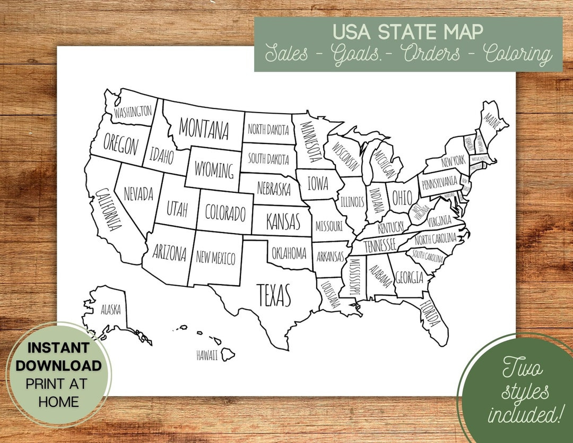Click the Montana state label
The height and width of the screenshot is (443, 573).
204,128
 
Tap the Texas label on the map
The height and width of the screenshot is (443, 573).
274,295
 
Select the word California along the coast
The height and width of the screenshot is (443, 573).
106,209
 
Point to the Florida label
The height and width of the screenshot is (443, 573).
430,314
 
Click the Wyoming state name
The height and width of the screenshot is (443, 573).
214,171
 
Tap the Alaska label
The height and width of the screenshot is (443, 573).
111,309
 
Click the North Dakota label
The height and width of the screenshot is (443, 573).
268,130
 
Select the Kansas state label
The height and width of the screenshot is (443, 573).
283,220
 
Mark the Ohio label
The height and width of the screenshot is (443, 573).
402,198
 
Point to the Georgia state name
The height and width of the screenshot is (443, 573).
410,277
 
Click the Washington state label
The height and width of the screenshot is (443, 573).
133,112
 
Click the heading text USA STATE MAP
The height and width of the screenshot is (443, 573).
407,32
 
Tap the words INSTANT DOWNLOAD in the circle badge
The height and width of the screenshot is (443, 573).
58,357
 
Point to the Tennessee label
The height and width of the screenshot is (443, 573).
379,245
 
